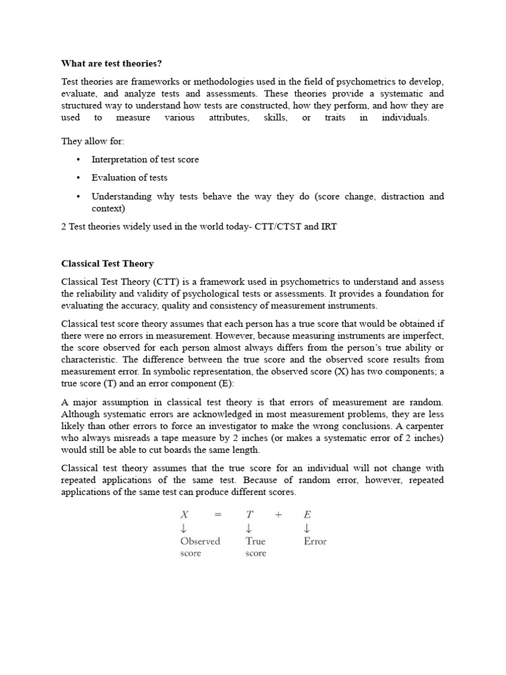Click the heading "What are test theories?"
pyautogui.click(x=111, y=63)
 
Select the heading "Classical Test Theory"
pyautogui.click(x=107, y=264)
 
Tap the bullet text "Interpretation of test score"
pyautogui.click(x=145, y=160)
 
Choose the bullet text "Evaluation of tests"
pyautogui.click(x=129, y=177)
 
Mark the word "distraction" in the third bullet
pyautogui.click(x=385, y=196)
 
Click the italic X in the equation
pyautogui.click(x=184, y=515)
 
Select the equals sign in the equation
pyautogui.click(x=217, y=515)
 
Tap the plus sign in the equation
pyautogui.click(x=279, y=515)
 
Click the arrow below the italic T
pyautogui.click(x=249, y=529)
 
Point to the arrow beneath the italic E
pyautogui.click(x=307, y=529)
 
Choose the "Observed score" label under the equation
pyautogui.click(x=200, y=546)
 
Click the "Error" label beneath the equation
pyautogui.click(x=315, y=541)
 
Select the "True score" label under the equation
pyautogui.click(x=256, y=546)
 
